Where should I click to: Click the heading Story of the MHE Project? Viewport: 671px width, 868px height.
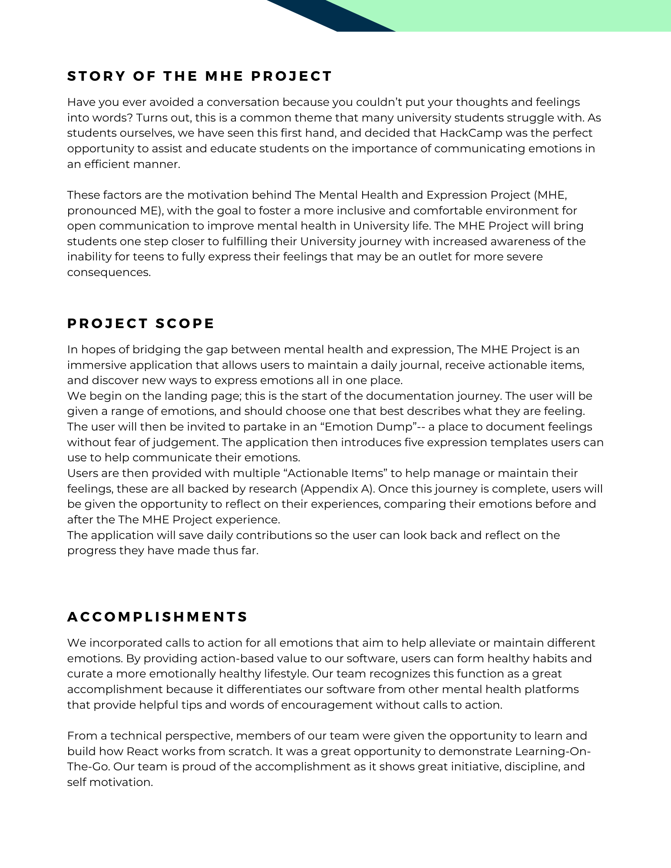[199, 76]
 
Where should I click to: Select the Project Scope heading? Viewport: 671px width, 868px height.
[141, 324]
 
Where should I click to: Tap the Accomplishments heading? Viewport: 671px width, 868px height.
[157, 617]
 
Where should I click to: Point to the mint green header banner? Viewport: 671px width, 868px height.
[521, 16]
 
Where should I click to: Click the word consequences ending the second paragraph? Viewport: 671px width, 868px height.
[109, 273]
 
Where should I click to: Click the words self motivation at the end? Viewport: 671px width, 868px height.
[110, 783]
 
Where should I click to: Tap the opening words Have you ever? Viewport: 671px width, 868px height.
[100, 102]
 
